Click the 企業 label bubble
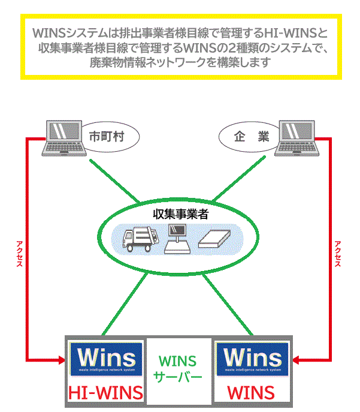pos(245,136)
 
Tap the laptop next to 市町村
pos(65,137)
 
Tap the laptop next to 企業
pos(294,137)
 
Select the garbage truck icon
pos(141,239)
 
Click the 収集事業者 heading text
pos(180,213)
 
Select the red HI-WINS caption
pos(106,393)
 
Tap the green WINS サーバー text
pos(177,369)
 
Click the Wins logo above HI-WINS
pos(106,359)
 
